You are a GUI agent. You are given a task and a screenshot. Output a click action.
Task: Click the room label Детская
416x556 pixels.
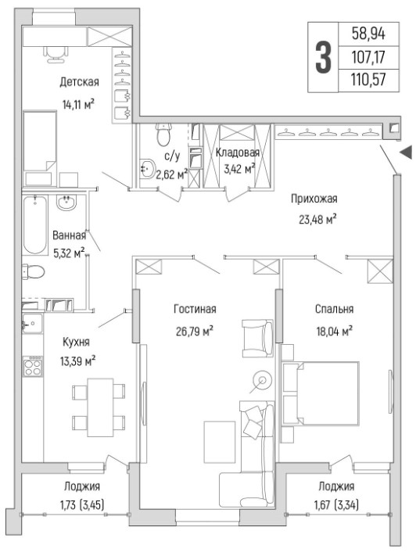coord(79,82)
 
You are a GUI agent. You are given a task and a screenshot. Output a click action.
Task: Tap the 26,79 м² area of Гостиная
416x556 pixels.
coord(195,332)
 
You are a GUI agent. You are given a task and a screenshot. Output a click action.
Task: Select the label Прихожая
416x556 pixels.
coord(314,199)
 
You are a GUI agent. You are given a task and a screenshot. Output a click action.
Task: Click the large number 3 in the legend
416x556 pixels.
coord(323,57)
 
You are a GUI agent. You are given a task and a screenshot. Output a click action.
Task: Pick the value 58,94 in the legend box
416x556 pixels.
coord(368,34)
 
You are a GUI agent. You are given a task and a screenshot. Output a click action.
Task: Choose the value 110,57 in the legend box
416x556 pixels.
coord(368,79)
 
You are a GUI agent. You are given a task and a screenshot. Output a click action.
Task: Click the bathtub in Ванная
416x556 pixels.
coord(35,224)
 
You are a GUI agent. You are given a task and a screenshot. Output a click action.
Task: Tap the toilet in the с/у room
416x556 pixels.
coord(163,135)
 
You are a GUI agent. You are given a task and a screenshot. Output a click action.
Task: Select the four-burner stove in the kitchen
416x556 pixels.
coord(32,367)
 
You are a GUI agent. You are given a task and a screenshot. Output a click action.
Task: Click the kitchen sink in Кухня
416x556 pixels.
coord(32,324)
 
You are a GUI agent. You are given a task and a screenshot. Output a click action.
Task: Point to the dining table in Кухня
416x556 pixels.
coord(100,407)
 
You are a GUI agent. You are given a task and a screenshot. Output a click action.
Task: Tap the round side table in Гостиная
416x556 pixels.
coord(263,381)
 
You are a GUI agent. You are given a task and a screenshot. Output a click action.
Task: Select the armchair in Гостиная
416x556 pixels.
coord(257,339)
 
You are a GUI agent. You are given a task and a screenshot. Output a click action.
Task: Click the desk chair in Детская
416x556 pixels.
coord(56,54)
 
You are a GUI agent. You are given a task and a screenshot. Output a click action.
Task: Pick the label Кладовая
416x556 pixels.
coord(238,152)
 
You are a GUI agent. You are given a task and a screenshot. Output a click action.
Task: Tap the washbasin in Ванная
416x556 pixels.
coord(66,203)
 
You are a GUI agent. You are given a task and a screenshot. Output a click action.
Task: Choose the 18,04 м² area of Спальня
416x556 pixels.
coord(334,332)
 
